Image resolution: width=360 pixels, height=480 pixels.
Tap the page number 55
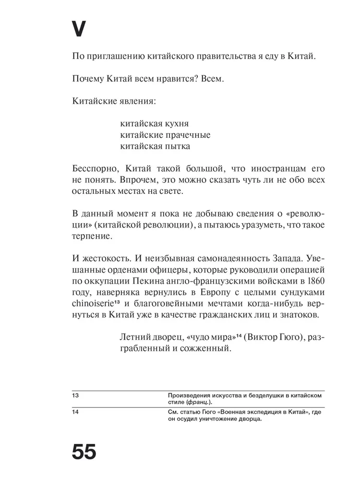[84, 452]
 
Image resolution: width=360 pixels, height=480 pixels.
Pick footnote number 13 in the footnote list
[75, 395]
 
